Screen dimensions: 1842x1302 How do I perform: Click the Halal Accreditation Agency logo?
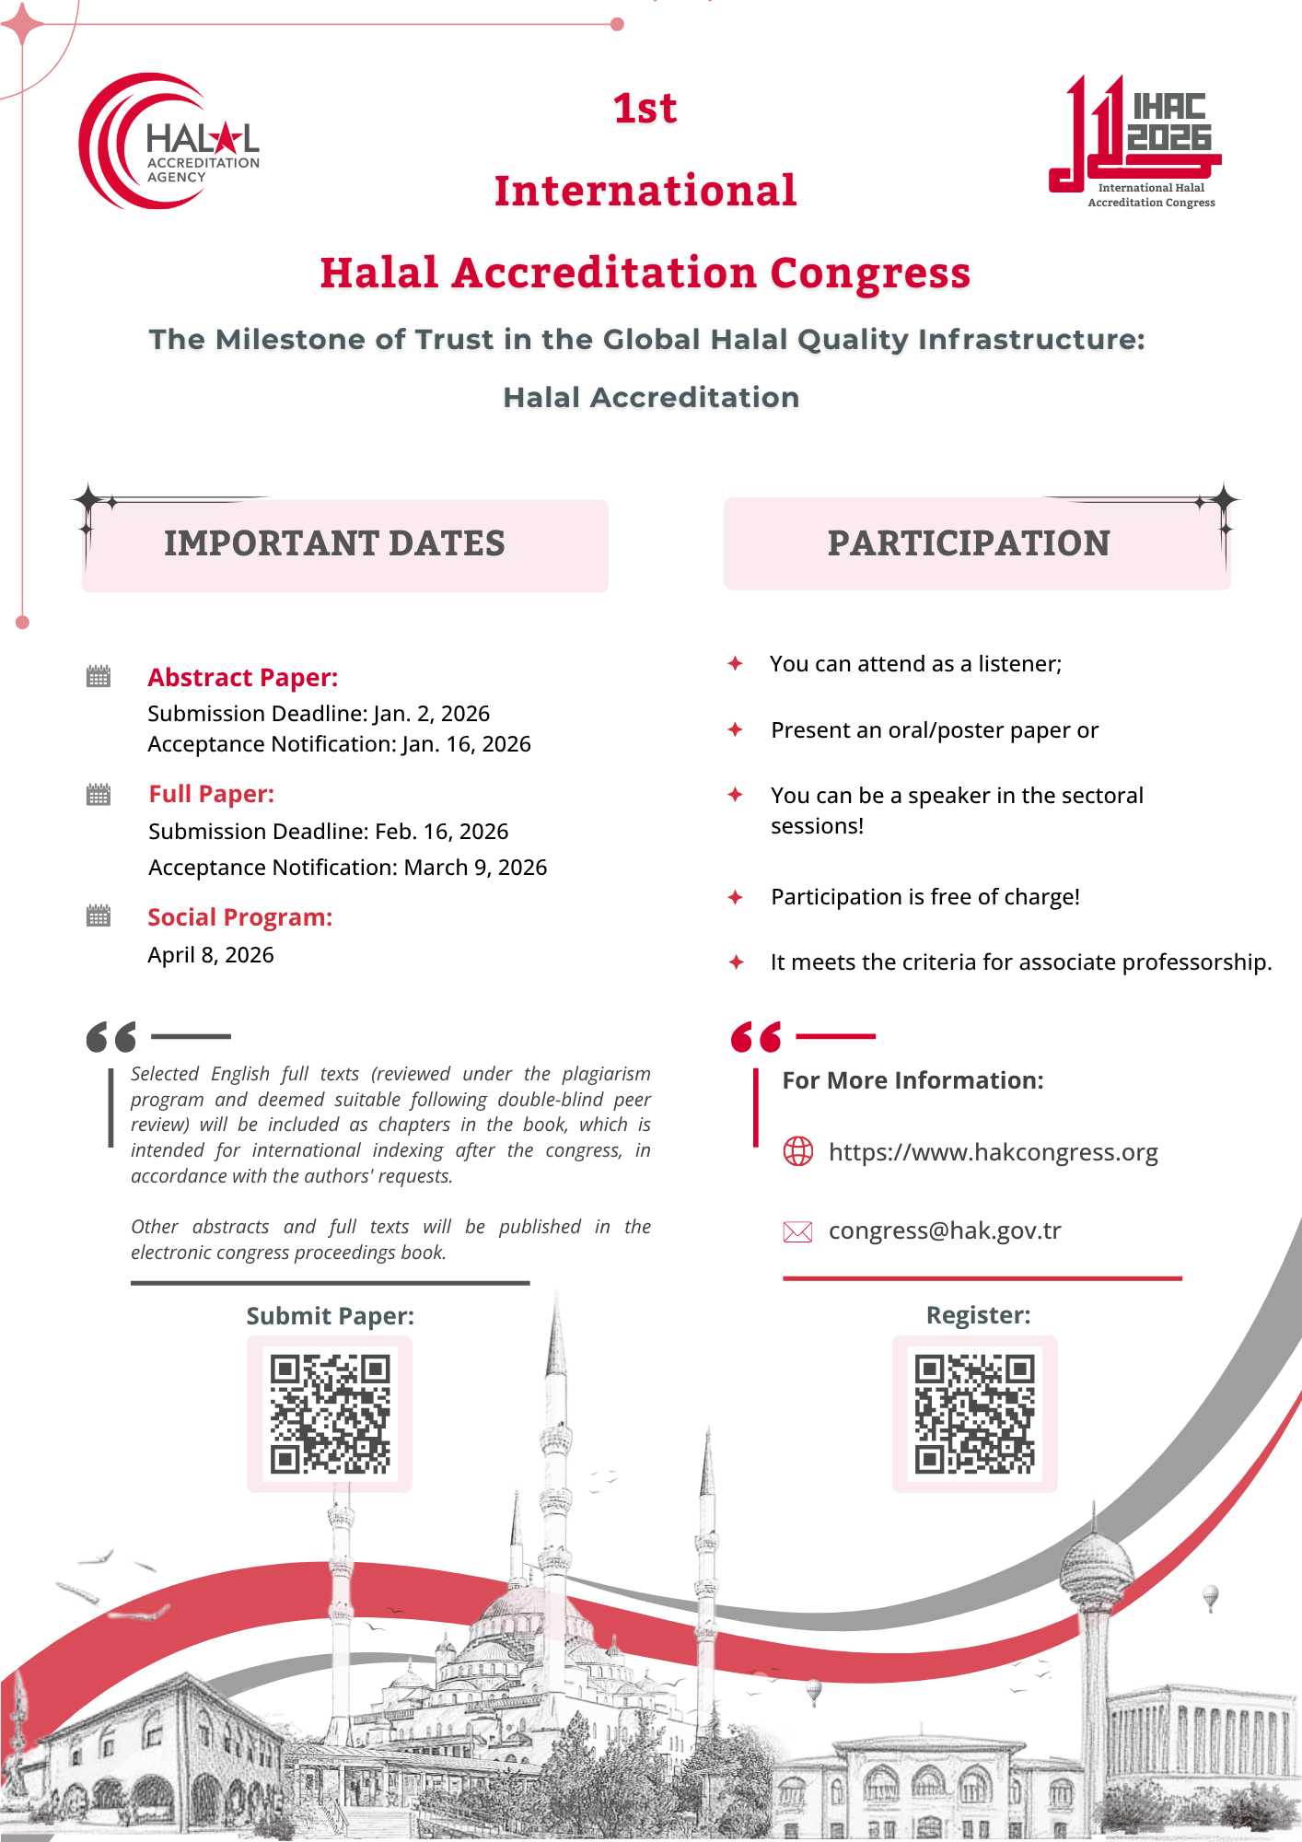pyautogui.click(x=169, y=141)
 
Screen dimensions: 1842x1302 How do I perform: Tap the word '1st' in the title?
pyautogui.click(x=645, y=109)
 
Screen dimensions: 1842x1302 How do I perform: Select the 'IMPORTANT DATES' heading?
pyautogui.click(x=334, y=543)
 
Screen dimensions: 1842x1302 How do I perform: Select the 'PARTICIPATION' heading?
pyautogui.click(x=969, y=543)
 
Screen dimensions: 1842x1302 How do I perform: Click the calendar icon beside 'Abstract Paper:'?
pyautogui.click(x=99, y=677)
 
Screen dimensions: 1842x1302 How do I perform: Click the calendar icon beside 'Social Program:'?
pyautogui.click(x=99, y=916)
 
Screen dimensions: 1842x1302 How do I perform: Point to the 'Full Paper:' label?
pyautogui.click(x=212, y=794)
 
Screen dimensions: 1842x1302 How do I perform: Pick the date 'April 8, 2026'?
pyautogui.click(x=211, y=955)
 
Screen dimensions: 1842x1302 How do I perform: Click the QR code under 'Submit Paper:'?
pyautogui.click(x=330, y=1414)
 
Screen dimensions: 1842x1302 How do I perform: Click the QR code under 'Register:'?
pyautogui.click(x=975, y=1414)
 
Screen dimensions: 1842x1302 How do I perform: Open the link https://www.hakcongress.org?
pyautogui.click(x=993, y=1152)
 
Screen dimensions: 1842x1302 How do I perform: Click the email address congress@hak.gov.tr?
pyautogui.click(x=945, y=1231)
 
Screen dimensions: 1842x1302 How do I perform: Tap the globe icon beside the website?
pyautogui.click(x=798, y=1151)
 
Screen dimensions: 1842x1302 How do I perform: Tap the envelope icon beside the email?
pyautogui.click(x=797, y=1232)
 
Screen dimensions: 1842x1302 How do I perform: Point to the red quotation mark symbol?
pyautogui.click(x=756, y=1037)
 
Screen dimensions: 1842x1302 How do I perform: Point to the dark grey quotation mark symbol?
pyautogui.click(x=111, y=1037)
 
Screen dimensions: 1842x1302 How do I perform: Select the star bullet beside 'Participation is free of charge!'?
pyautogui.click(x=736, y=897)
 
